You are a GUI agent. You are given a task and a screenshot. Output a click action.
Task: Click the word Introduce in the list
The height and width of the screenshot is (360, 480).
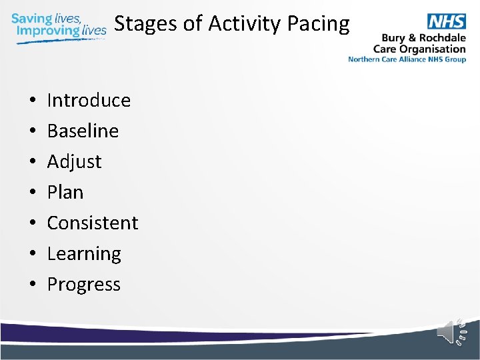89,100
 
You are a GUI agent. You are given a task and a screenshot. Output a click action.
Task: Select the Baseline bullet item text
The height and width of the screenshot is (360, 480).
83,131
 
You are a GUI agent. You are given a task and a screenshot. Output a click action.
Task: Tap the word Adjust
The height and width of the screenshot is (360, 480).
74,161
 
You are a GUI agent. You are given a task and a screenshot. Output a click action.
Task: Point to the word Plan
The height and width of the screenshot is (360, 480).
65,192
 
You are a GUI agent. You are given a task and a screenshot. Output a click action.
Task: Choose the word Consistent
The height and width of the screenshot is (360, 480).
93,223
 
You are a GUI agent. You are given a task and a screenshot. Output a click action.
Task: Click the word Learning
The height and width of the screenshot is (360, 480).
84,254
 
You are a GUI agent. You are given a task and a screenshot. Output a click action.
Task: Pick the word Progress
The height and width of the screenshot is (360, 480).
84,285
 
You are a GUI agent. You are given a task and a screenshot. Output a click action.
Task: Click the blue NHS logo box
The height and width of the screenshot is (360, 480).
446,21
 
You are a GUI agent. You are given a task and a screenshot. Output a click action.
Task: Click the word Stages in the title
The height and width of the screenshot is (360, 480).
146,24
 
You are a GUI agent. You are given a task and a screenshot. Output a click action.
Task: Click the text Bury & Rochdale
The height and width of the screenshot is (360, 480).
423,38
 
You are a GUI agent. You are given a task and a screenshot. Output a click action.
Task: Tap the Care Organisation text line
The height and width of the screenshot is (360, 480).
419,49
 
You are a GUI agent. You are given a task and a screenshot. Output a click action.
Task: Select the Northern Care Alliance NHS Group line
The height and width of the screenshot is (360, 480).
407,59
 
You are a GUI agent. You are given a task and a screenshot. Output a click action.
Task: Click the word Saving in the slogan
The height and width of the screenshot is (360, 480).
31,18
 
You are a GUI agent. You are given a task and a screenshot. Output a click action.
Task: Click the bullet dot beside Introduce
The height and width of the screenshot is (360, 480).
33,101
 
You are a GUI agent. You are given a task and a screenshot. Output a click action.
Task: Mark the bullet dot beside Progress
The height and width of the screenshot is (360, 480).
33,285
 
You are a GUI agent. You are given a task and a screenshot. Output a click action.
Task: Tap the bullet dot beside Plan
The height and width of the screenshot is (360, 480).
33,193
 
